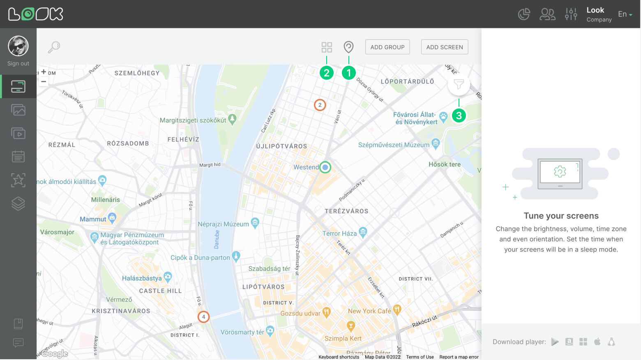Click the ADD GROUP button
[387, 47]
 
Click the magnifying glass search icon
[54, 47]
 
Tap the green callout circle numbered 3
[459, 116]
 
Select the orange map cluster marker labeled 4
[203, 317]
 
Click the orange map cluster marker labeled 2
[320, 105]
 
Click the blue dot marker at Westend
[325, 167]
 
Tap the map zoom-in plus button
[44, 72]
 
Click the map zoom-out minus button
[44, 81]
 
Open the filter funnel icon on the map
[459, 85]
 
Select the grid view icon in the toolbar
[327, 47]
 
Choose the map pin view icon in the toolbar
[348, 47]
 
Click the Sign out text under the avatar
[18, 63]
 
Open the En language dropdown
[625, 14]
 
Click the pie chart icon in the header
[524, 14]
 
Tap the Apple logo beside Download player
[597, 342]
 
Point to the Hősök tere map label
[444, 164]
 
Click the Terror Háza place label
[339, 233]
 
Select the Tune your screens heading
[561, 216]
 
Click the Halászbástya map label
[142, 278]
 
